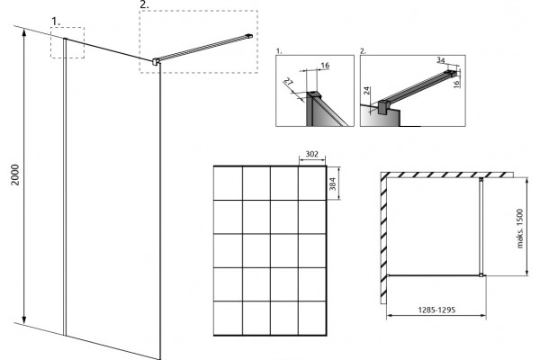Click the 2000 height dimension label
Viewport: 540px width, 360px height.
[15, 175]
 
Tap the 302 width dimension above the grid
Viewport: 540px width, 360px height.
[312, 154]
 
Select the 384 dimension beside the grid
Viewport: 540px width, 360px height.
[332, 184]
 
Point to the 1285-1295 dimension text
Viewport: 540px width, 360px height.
[436, 310]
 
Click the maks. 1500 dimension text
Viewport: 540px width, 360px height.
[520, 228]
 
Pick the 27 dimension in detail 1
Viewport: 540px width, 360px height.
[289, 82]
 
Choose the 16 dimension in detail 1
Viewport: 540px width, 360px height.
[325, 65]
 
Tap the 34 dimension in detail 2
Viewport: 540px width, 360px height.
[441, 60]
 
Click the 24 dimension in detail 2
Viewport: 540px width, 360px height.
[367, 91]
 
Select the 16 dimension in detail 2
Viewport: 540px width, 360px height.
[456, 84]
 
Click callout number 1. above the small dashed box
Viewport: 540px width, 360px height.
[56, 22]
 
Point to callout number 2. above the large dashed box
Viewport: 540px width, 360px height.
[145, 4]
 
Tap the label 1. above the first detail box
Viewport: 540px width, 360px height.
[279, 51]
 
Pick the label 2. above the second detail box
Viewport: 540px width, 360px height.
[363, 51]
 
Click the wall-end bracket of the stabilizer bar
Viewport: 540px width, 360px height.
[249, 35]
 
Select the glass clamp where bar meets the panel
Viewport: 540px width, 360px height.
[156, 61]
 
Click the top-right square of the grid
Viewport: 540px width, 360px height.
[312, 184]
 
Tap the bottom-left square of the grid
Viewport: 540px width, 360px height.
[229, 318]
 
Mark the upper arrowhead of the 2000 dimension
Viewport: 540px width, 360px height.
[23, 32]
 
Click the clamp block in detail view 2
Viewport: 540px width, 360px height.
[383, 107]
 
